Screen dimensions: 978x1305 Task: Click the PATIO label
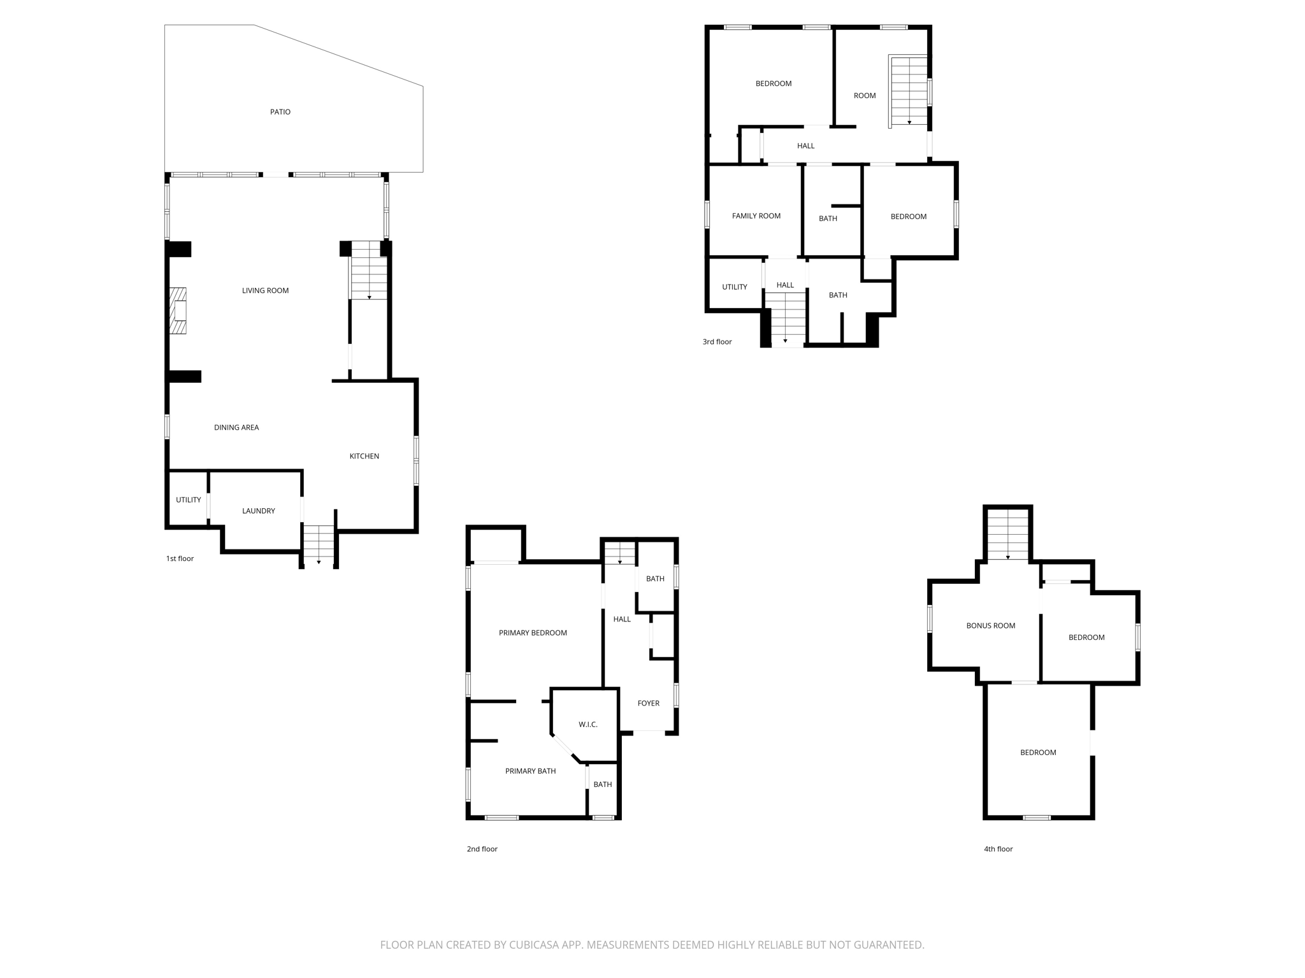[x=280, y=112]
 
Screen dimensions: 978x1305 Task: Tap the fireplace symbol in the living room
[x=178, y=311]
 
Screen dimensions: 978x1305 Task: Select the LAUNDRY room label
[x=258, y=511]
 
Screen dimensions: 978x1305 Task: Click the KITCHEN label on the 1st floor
[x=364, y=456]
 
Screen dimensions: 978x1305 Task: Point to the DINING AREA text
[x=236, y=427]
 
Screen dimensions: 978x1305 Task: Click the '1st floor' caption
[x=180, y=558]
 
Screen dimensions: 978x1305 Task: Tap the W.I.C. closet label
[x=588, y=725]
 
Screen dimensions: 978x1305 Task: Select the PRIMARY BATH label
[x=530, y=771]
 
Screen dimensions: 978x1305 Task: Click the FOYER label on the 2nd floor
[x=648, y=703]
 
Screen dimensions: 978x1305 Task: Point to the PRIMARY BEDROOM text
[x=533, y=633]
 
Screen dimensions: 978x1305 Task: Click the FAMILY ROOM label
[x=756, y=216]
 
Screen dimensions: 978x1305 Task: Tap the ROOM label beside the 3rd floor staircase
[x=864, y=96]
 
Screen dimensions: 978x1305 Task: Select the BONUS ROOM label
[x=990, y=626]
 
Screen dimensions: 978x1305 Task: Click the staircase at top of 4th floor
[x=1007, y=535]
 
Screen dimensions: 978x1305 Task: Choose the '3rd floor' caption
[x=717, y=342]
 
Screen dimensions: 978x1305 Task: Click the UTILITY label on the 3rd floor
[x=734, y=287]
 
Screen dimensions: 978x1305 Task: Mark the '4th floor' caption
[x=998, y=849]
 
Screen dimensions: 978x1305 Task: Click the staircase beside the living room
[x=369, y=271]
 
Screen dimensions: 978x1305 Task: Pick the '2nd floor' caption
[x=482, y=849]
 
